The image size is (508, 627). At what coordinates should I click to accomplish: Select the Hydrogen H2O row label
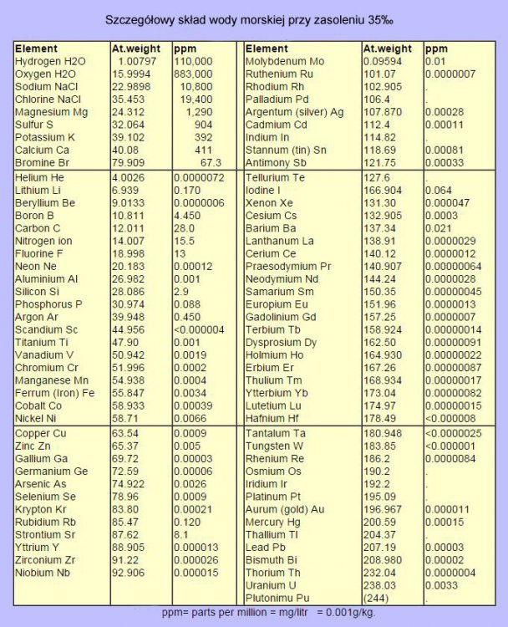(x=50, y=61)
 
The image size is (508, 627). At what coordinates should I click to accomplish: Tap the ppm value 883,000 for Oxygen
(x=195, y=74)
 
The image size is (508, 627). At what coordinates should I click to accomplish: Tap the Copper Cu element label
(x=38, y=434)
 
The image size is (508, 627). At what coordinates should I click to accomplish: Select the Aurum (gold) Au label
(x=285, y=509)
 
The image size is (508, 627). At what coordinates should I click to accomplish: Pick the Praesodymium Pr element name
(x=288, y=265)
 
